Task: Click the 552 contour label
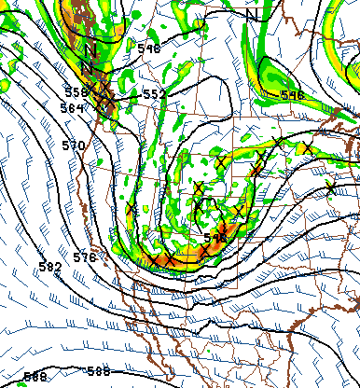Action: coord(154,94)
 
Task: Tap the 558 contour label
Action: coord(76,91)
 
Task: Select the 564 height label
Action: coord(72,108)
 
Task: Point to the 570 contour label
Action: coord(74,145)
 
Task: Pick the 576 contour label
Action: coord(85,256)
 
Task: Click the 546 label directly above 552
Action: coord(148,48)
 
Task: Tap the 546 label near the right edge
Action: coord(292,95)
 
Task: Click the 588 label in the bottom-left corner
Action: coord(35,377)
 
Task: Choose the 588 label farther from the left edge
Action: coord(98,371)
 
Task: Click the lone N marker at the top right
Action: coord(253,14)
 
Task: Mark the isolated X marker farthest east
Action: coord(331,189)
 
